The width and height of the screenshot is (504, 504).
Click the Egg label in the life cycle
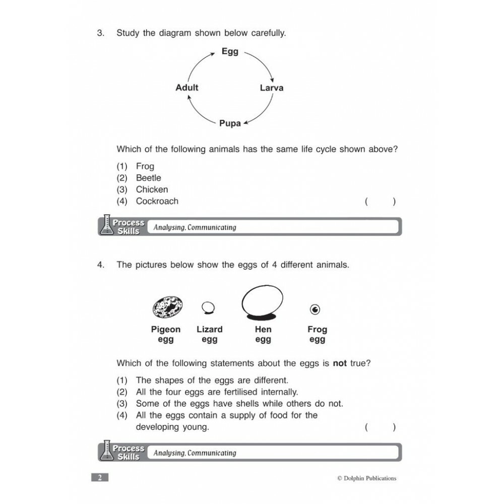[x=230, y=51]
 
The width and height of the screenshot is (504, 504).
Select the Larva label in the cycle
[x=272, y=88]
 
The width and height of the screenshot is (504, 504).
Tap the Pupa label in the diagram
[x=230, y=123]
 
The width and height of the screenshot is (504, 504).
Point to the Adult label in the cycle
[x=187, y=87]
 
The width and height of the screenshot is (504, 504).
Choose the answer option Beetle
[x=148, y=178]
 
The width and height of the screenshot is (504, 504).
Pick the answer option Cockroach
[x=157, y=201]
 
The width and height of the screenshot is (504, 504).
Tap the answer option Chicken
[x=152, y=190]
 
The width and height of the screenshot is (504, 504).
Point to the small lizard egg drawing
[x=208, y=307]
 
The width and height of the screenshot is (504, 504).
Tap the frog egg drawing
[x=316, y=309]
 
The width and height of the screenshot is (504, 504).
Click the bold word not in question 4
[x=340, y=363]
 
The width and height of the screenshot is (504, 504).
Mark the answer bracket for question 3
[x=381, y=202]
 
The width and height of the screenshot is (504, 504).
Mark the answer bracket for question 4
[x=381, y=427]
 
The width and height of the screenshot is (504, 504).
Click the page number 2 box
[x=100, y=478]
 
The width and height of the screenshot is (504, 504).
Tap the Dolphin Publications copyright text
[x=367, y=478]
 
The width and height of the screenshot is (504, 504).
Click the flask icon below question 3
[x=106, y=225]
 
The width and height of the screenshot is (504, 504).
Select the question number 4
[x=101, y=265]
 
